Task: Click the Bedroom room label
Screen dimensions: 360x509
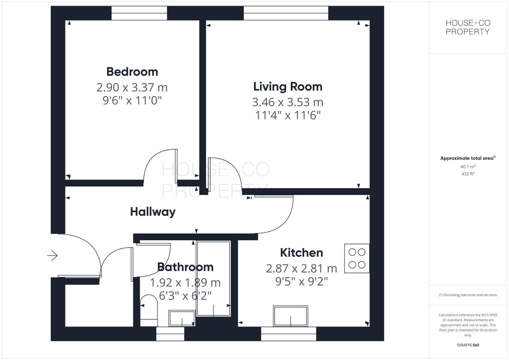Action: click(132, 72)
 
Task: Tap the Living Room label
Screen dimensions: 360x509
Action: click(288, 87)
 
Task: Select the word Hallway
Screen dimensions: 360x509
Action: click(153, 212)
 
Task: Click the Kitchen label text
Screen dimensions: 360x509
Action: click(301, 253)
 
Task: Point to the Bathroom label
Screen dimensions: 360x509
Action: click(185, 267)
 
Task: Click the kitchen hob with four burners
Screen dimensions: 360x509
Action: click(357, 258)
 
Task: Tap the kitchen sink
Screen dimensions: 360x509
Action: click(290, 316)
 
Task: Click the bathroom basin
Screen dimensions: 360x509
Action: click(182, 318)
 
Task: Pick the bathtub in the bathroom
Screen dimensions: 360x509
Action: click(213, 278)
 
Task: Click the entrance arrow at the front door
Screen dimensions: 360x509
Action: click(52, 256)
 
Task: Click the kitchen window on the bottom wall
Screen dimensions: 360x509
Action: click(288, 334)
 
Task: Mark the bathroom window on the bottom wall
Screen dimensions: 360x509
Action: click(170, 334)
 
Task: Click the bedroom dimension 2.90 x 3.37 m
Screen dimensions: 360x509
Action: click(132, 87)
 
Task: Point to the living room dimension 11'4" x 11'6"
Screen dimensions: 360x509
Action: click(288, 115)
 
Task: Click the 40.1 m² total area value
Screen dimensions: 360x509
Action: click(468, 166)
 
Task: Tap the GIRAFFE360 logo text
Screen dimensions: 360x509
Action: click(468, 345)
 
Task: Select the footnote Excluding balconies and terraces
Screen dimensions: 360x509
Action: click(468, 295)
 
